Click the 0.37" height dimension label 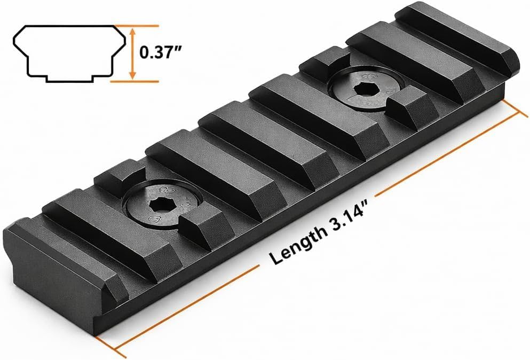(161, 52)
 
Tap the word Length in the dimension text (297, 243)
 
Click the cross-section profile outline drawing (69, 53)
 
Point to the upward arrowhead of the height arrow (133, 32)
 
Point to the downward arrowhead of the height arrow (133, 75)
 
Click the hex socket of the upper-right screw (363, 89)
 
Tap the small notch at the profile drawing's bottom (69, 79)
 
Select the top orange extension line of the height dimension (136, 26)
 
